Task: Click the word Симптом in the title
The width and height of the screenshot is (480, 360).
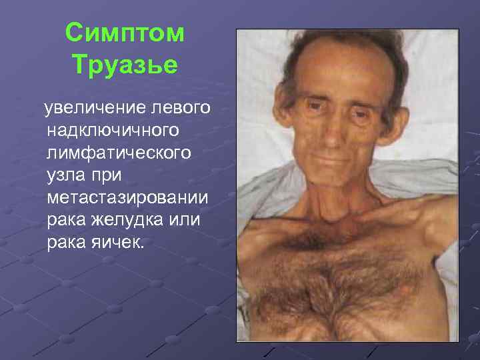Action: tap(126, 33)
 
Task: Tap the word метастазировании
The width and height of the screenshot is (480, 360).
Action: tap(127, 199)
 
